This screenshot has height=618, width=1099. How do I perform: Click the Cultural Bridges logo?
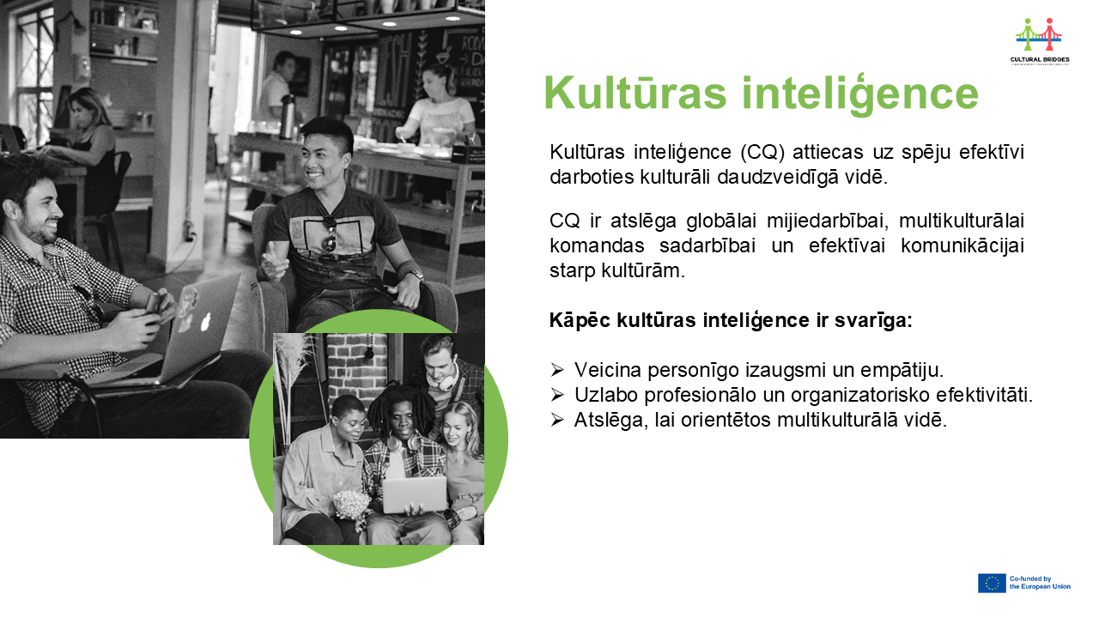1040,41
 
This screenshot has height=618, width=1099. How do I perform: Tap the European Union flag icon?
992,583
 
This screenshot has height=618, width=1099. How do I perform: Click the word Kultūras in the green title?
635,94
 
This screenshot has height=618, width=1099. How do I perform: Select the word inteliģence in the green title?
860,94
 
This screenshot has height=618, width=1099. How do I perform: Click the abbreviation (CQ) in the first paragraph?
762,152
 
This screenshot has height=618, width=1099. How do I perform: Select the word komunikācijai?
962,245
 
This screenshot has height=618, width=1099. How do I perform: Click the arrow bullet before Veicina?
557,369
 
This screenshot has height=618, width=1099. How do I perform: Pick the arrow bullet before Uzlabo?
557,394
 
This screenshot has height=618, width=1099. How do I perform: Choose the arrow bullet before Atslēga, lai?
557,420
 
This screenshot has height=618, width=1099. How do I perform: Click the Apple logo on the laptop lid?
206,322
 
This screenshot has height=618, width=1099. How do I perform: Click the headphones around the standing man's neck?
443,379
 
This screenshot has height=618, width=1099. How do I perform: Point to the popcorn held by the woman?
351,506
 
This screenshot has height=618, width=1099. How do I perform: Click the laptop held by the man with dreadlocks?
415,494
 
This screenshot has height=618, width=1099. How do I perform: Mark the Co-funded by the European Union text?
1040,583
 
